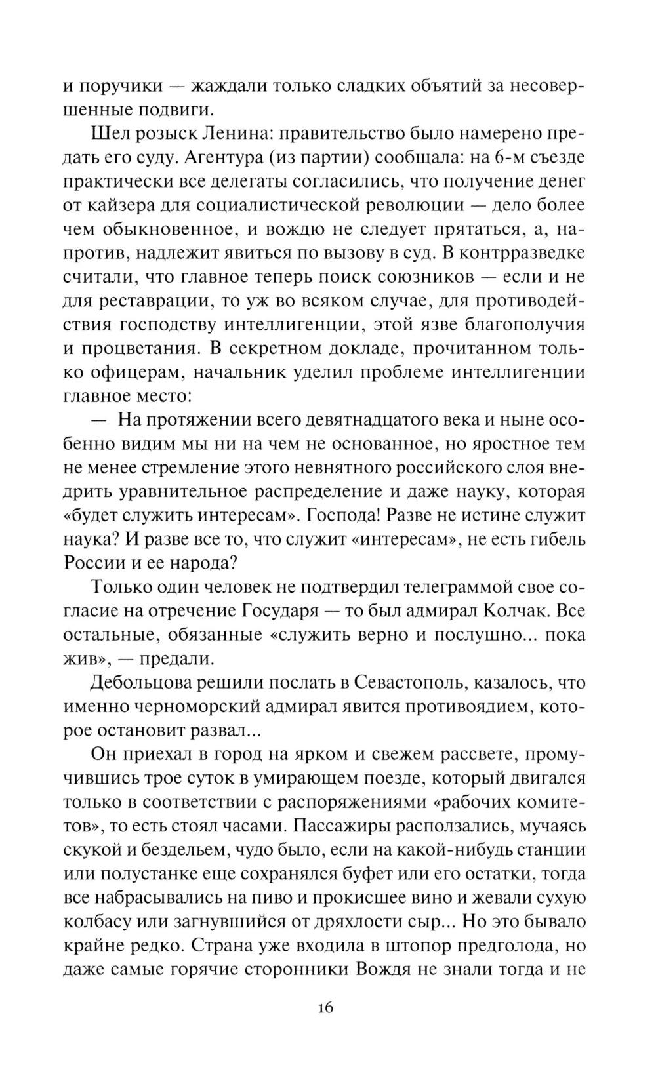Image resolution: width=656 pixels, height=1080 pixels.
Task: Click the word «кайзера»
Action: click(x=122, y=206)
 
